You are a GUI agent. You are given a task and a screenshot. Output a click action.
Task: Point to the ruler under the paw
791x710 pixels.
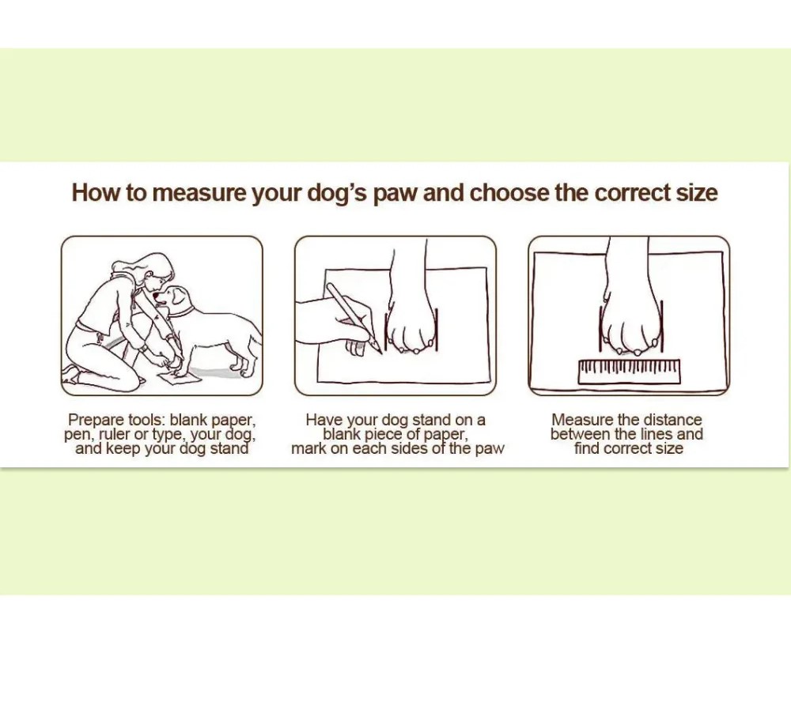pyautogui.click(x=629, y=372)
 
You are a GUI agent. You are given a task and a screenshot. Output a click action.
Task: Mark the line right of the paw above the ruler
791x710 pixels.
pyautogui.click(x=661, y=326)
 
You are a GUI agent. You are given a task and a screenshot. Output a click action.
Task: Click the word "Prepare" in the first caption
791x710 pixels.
pyautogui.click(x=96, y=420)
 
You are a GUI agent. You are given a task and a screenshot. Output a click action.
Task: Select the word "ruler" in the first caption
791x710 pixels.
pyautogui.click(x=114, y=434)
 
